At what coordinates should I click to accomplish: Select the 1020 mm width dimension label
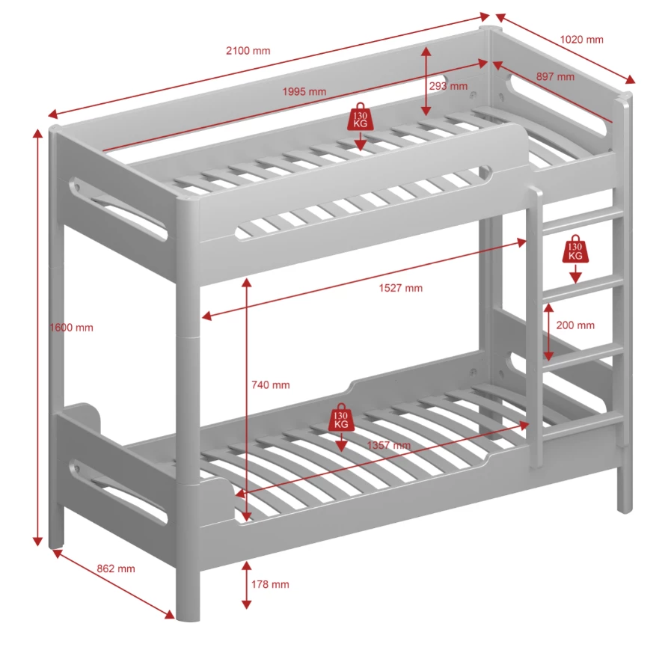click(581, 40)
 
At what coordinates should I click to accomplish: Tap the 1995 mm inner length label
click(304, 92)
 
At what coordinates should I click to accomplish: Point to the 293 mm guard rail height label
click(449, 86)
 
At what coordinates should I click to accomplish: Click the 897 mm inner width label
click(555, 76)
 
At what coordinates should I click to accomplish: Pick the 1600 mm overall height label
click(71, 328)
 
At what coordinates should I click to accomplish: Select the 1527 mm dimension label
click(400, 288)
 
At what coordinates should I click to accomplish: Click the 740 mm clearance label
click(270, 384)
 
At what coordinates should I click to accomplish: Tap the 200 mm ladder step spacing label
click(575, 325)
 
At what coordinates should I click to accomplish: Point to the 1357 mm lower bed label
click(387, 446)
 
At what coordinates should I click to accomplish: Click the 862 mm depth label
click(116, 568)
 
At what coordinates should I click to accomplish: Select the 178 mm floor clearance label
click(269, 584)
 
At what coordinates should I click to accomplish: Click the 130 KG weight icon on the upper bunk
click(360, 118)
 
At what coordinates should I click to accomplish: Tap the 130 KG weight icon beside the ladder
click(574, 251)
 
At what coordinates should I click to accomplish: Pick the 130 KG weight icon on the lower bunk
click(341, 420)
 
